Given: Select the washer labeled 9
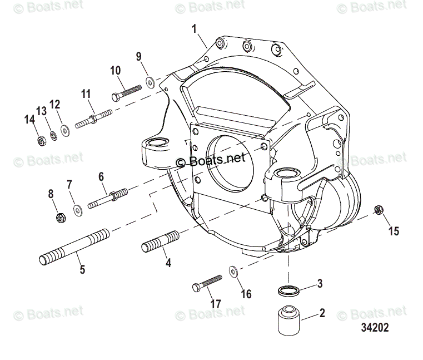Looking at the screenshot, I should pos(150,83).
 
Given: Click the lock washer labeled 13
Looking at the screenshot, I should pos(53,135).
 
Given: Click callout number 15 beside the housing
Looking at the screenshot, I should pos(393,230).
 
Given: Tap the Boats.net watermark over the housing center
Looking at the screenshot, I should pos(211,160).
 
